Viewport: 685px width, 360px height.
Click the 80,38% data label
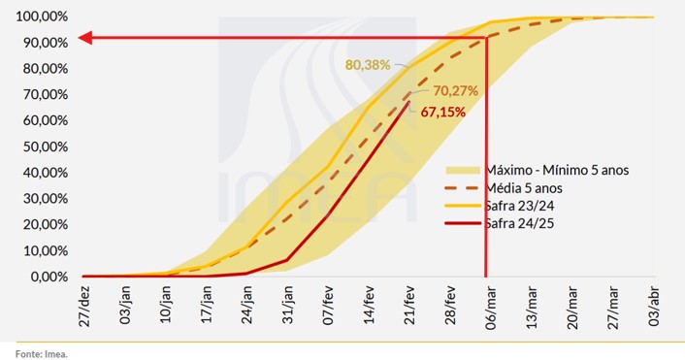tap(367, 65)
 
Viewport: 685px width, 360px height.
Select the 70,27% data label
tap(459, 90)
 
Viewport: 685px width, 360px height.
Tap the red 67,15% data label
tap(443, 112)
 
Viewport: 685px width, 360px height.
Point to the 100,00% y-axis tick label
tap(36, 17)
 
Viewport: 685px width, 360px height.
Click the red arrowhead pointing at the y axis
tap(85, 38)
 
